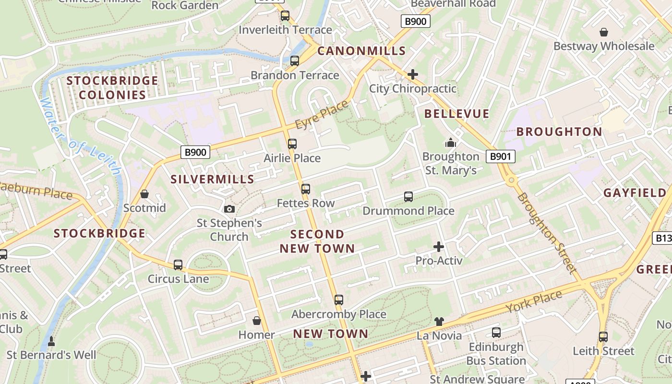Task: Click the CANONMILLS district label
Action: click(361, 51)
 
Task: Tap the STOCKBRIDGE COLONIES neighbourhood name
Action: click(112, 87)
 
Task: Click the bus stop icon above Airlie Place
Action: click(292, 144)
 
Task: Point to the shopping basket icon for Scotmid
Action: click(144, 194)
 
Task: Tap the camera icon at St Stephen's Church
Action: click(229, 209)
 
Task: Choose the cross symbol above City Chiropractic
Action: click(412, 74)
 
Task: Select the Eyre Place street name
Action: click(321, 115)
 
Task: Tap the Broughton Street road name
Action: click(547, 233)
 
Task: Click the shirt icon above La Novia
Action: click(439, 321)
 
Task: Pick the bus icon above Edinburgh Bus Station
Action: click(496, 332)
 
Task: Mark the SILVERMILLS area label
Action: click(212, 179)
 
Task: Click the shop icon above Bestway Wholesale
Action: click(603, 32)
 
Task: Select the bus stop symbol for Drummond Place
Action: click(408, 196)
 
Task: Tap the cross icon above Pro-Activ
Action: click(438, 247)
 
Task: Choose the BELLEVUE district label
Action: click(456, 114)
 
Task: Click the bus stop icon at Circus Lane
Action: click(178, 264)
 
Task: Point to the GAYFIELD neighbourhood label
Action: click(635, 193)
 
